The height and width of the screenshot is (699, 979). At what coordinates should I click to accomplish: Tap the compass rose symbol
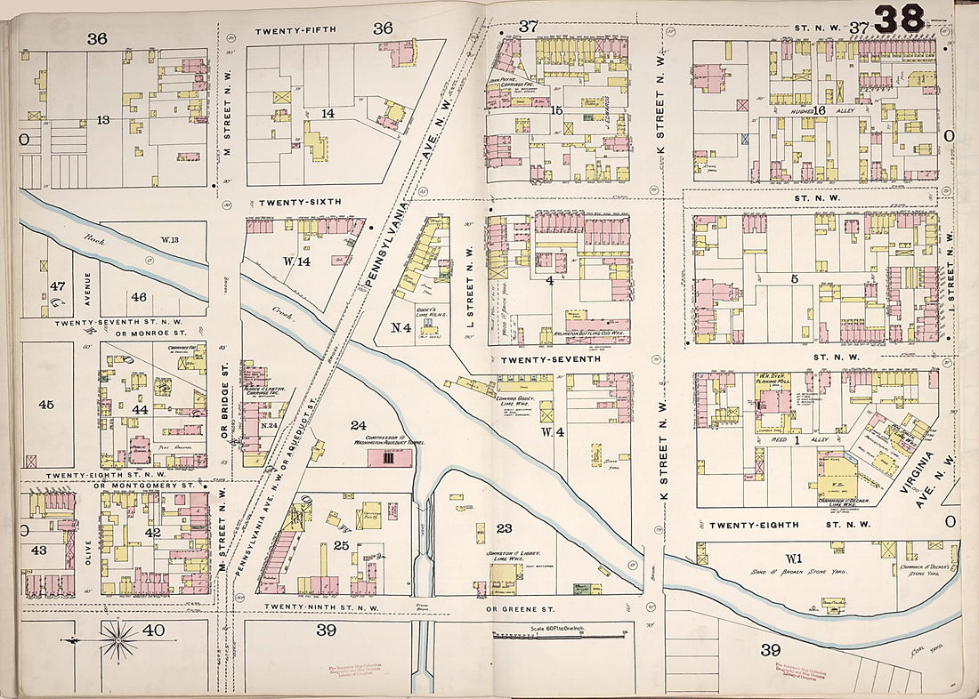click(x=117, y=639)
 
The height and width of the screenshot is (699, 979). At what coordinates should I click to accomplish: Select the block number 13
click(x=103, y=119)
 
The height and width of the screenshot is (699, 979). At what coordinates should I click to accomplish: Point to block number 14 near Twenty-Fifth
click(x=328, y=113)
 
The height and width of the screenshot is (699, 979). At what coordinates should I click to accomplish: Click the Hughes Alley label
click(x=807, y=109)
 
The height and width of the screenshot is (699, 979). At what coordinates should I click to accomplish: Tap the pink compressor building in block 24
click(x=390, y=458)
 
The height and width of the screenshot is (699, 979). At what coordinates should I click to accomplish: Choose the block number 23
click(x=505, y=528)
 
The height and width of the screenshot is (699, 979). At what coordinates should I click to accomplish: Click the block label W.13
click(x=171, y=239)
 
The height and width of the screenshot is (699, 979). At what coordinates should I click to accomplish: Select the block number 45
click(x=46, y=405)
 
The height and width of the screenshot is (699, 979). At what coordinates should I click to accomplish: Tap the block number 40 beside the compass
click(x=153, y=630)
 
